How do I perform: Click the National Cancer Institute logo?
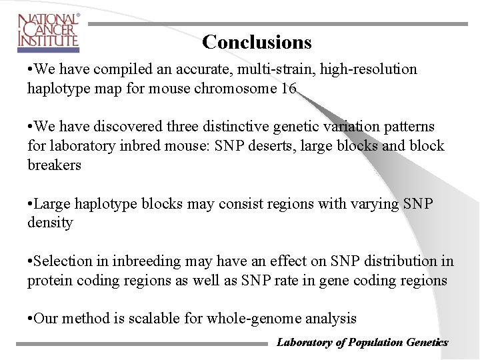tap(48, 32)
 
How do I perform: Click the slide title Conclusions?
tap(257, 42)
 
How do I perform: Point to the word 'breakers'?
tap(54, 165)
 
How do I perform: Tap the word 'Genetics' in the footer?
tap(427, 343)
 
